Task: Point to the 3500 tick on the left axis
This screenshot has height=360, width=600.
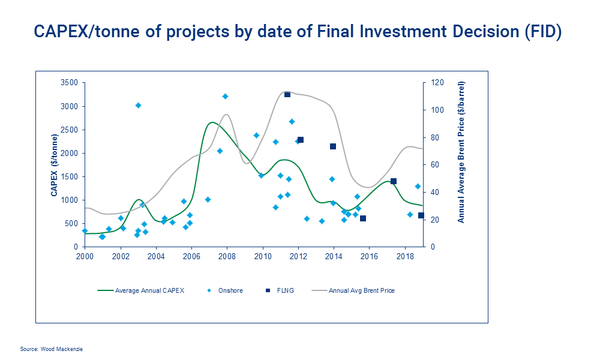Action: pyautogui.click(x=70, y=83)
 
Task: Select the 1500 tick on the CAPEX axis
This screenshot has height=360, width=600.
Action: pyautogui.click(x=70, y=176)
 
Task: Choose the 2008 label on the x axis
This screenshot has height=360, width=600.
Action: pyautogui.click(x=227, y=256)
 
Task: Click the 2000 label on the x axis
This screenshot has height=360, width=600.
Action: pyautogui.click(x=85, y=256)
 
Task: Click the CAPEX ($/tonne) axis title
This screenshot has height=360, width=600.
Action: pyautogui.click(x=54, y=164)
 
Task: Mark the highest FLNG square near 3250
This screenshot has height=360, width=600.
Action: pyautogui.click(x=287, y=94)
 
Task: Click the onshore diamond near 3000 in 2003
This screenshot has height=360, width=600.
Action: pyautogui.click(x=138, y=105)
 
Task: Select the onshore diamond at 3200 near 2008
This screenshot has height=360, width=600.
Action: pyautogui.click(x=225, y=96)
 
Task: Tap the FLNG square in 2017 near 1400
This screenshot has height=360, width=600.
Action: pyautogui.click(x=394, y=181)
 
